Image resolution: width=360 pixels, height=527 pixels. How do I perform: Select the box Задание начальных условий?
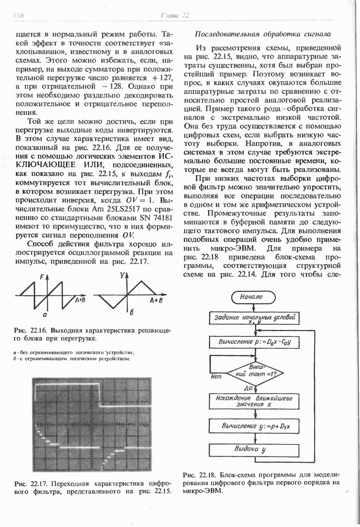pos(255,318)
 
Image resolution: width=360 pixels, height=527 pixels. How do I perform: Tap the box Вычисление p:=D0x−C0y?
pos(255,342)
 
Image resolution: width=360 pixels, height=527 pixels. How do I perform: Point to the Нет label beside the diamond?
pos(216,377)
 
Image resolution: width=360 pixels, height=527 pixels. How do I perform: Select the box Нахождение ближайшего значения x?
pos(255,401)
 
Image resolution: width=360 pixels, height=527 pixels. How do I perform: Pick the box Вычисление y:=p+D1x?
pos(255,426)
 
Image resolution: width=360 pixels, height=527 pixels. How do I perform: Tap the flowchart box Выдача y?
pos(255,450)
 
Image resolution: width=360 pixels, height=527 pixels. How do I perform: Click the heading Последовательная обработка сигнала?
pos(262,34)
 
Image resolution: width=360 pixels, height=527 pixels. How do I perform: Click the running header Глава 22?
pos(175,16)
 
